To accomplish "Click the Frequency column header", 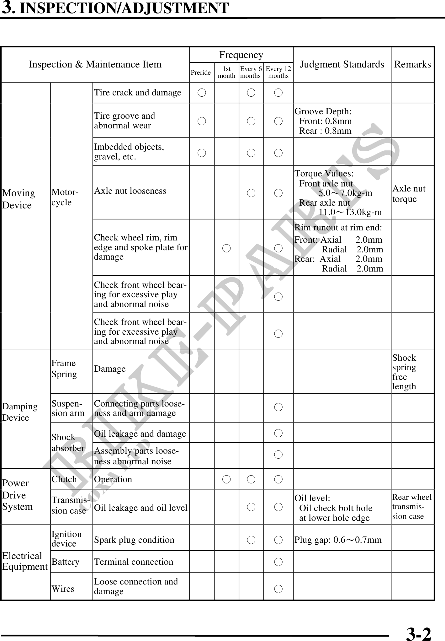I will tap(241, 55).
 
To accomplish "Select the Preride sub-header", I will tap(201, 73).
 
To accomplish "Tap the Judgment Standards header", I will tap(342, 64).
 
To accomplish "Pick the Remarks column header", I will tap(412, 64).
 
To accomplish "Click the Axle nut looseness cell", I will tap(130, 191).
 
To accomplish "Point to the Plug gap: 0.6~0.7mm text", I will tap(338, 540).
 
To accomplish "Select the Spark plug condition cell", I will tap(134, 540).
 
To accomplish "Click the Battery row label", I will tap(65, 562).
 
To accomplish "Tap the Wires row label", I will tap(63, 589).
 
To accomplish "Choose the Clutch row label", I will tap(64, 479).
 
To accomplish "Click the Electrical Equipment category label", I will tap(24, 561).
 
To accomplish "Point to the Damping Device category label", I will tap(19, 412).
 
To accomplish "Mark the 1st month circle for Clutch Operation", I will tap(226, 479).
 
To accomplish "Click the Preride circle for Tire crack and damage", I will tap(202, 93).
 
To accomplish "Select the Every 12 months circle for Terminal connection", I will tap(278, 562).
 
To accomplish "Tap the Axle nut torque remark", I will tap(409, 194).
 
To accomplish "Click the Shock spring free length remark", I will tap(404, 372).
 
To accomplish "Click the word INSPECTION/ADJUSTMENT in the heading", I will tap(124, 8).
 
